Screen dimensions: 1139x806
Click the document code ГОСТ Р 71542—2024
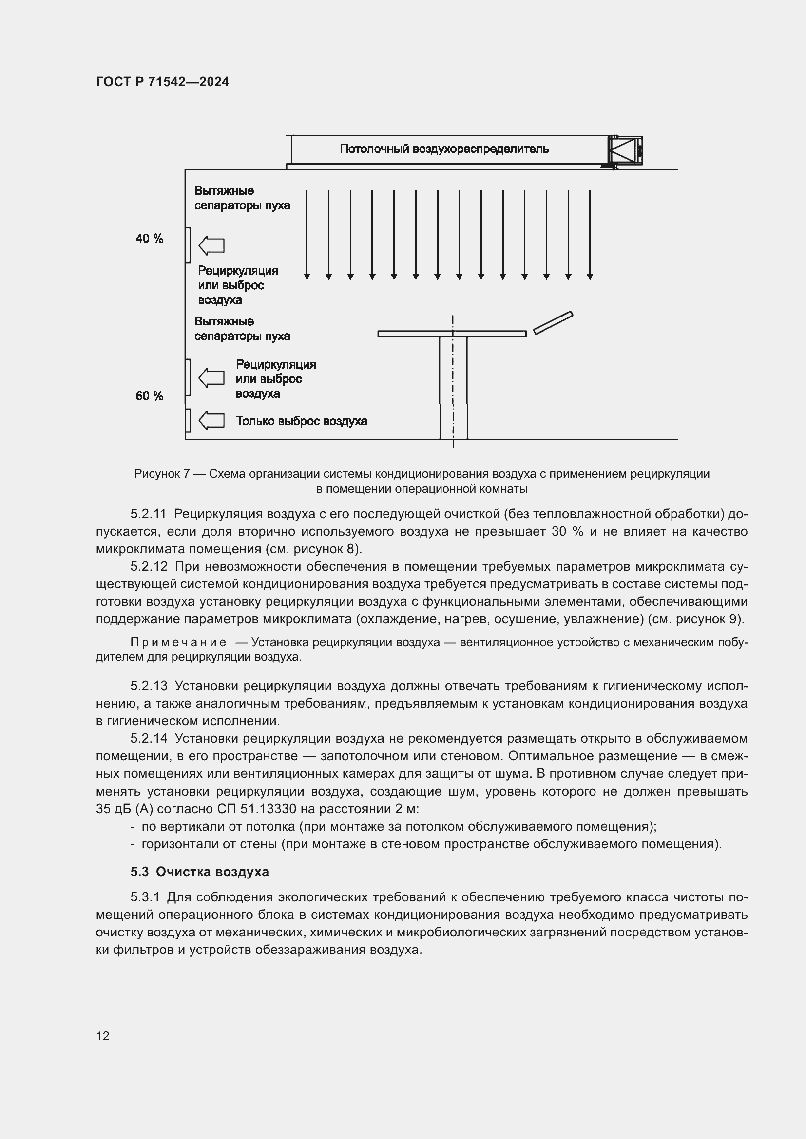tap(162, 82)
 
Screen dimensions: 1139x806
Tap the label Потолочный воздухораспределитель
tap(444, 149)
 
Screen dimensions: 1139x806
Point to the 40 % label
tap(150, 239)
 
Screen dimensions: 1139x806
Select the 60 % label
tap(150, 396)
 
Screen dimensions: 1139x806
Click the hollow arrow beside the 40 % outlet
tap(212, 245)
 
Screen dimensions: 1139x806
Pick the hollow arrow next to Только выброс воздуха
tap(212, 421)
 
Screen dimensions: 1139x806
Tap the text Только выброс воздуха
tap(301, 421)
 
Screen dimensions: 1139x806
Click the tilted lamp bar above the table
tap(553, 322)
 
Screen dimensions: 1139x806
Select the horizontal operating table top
tap(452, 334)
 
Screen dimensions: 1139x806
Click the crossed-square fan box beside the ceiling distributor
tap(625, 150)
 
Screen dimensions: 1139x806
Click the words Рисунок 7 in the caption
tap(162, 474)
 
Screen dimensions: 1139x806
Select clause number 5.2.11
tap(149, 514)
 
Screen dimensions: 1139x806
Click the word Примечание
tap(178, 642)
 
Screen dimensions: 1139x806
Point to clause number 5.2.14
tap(149, 739)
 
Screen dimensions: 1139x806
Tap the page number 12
tap(103, 1036)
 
